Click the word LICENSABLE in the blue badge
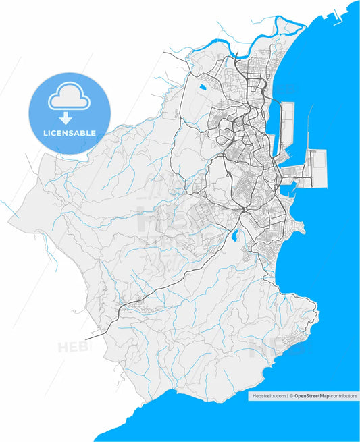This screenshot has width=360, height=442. coord(70,133)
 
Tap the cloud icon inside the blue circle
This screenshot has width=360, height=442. coord(69,99)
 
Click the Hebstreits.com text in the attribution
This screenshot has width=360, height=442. coord(267,396)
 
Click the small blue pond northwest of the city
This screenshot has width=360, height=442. coord(203,87)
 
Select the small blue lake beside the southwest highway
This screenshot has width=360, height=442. coord(234,237)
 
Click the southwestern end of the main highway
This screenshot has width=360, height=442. coord(92,335)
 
